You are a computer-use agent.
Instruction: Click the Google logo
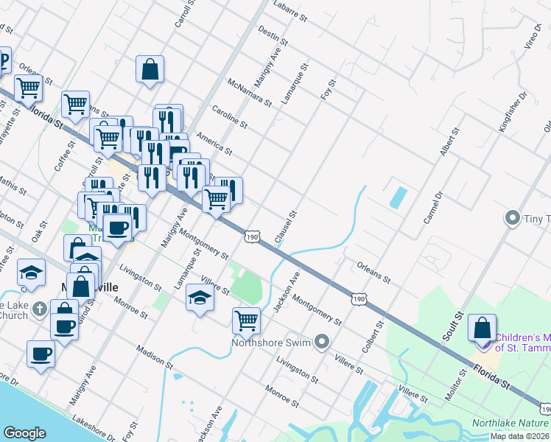pos(25,433)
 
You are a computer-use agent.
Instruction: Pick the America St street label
pos(214,144)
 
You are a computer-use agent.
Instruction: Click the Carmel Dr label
pos(432,209)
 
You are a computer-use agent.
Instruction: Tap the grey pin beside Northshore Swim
pos(321,341)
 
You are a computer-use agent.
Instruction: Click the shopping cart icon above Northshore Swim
pos(246,320)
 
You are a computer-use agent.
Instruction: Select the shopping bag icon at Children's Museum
pos(482,327)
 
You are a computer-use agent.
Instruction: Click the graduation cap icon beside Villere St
pos(199,297)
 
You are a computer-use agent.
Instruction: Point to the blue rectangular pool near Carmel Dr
pos(398,197)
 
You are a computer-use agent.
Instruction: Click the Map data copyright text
pos(520,436)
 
